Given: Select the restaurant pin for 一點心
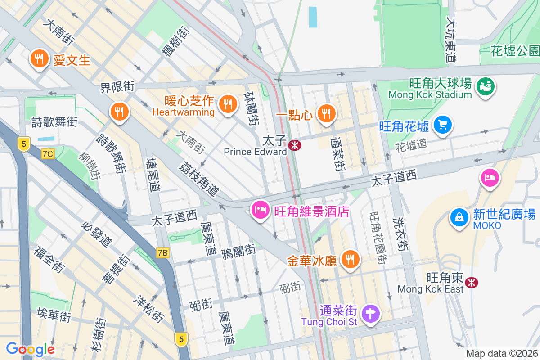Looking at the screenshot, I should click(326, 114).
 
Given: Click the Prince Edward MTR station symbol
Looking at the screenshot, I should click(295, 146).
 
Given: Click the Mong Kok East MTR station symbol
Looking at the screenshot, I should click(472, 283).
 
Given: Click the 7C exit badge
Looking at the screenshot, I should click(47, 154).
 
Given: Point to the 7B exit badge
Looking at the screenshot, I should click(162, 253).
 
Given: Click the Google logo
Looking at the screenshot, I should click(30, 349).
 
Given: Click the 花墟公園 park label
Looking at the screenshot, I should click(515, 51).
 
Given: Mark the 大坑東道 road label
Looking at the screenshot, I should click(451, 40).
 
